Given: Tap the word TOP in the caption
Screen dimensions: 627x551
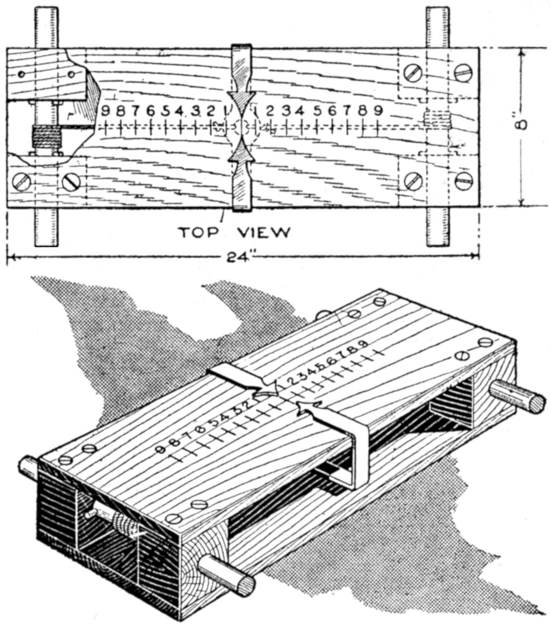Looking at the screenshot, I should (x=197, y=232).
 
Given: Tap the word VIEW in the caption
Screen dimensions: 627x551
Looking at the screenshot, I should (x=264, y=232).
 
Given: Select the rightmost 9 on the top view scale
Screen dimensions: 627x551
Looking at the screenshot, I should (x=378, y=111).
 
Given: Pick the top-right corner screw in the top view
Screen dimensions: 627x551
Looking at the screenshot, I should (x=464, y=72).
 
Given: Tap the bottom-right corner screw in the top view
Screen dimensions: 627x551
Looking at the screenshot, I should (x=464, y=180).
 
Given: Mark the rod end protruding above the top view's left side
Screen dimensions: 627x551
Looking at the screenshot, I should (x=46, y=26).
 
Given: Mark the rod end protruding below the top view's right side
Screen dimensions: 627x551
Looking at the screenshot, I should (x=438, y=227).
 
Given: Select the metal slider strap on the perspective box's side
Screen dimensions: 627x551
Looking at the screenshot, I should (x=359, y=458).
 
